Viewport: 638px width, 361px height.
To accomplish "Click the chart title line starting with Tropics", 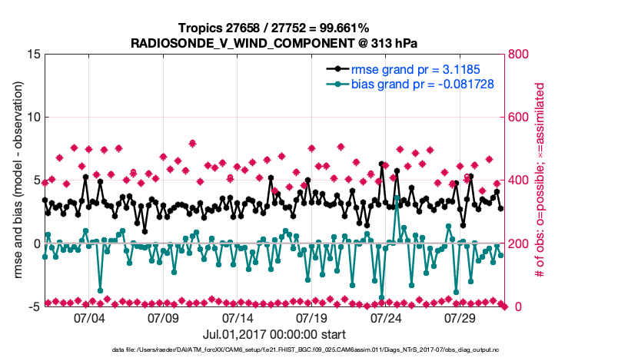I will tap(273, 28).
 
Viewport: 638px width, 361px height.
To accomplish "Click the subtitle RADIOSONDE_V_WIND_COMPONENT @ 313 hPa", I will tap(273, 42).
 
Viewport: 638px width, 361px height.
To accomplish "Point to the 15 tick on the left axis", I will tap(32, 55).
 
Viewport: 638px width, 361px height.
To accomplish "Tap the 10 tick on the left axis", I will tap(32, 118).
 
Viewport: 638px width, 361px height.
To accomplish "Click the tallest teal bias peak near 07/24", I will tap(397, 197).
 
